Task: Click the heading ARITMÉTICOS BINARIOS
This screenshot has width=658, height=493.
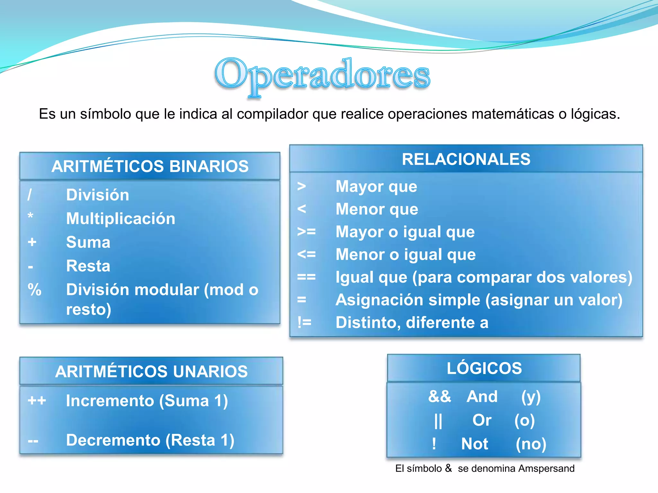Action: click(x=150, y=166)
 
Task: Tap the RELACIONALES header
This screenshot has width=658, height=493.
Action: click(x=466, y=159)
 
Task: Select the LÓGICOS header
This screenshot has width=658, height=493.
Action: click(x=484, y=368)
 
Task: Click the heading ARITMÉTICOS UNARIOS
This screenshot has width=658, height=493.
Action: click(x=151, y=371)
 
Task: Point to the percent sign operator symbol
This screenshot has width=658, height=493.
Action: click(x=34, y=290)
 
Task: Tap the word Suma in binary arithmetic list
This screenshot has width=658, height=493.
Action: click(x=88, y=242)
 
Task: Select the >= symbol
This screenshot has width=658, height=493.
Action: click(x=306, y=231)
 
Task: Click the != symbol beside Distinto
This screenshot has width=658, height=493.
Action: click(x=304, y=322)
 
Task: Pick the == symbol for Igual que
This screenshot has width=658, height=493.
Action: click(x=306, y=277)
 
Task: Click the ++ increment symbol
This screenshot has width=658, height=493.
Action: click(x=37, y=401)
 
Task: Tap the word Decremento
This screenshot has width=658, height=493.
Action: click(x=113, y=440)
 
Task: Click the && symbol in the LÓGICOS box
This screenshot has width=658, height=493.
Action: click(x=440, y=396)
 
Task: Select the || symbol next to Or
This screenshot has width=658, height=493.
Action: click(x=438, y=421)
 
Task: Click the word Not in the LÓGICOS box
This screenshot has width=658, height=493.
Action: click(x=475, y=444)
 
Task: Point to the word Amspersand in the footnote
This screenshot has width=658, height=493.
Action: click(x=546, y=469)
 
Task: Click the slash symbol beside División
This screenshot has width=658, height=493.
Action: click(x=30, y=195)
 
